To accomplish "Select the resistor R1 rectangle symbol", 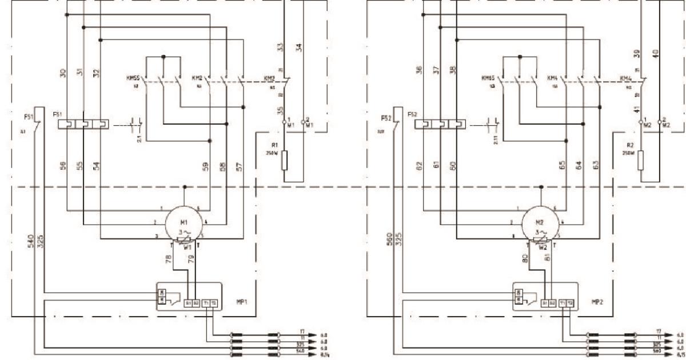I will coord(284,161).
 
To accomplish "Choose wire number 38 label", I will coord(453,70).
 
